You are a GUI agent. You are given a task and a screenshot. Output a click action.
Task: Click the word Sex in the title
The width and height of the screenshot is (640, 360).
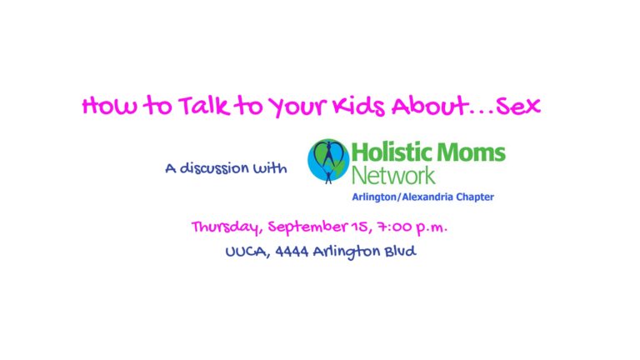518,106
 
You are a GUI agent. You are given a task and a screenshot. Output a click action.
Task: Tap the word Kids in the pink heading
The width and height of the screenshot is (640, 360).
358,106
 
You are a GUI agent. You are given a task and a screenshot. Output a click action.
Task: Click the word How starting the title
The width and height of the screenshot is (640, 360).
109,106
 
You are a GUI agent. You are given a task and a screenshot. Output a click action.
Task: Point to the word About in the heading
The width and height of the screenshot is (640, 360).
429,106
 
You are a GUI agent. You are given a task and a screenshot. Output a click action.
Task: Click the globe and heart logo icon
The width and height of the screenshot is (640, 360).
328,161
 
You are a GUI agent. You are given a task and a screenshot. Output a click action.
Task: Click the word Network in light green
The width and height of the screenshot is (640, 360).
393,176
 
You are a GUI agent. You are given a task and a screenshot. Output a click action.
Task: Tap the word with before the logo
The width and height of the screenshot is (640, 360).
270,167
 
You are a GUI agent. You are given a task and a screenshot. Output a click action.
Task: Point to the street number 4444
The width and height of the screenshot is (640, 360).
292,252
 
